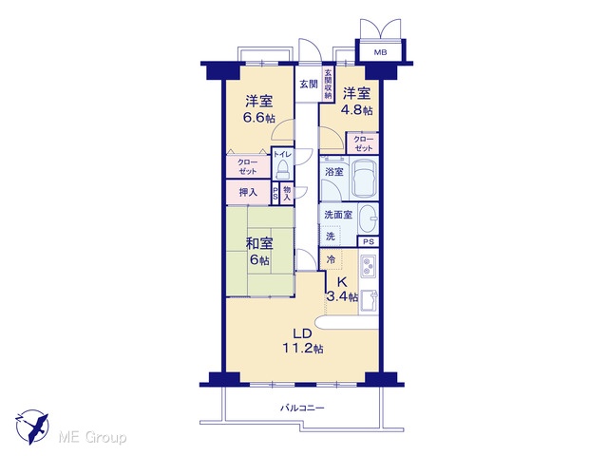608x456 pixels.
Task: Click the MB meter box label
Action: coord(380,52)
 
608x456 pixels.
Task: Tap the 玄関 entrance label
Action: coord(309,84)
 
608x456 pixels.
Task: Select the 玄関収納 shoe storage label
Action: coord(328,84)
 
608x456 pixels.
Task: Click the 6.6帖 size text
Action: coord(258,117)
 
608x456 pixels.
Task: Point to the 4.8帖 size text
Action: coord(356,109)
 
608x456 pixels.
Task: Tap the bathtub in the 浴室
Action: coord(364,179)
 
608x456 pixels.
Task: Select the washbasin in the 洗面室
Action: coord(368,218)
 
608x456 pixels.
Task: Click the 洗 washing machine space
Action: coord(330,236)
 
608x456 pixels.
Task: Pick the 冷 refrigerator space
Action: coord(331,259)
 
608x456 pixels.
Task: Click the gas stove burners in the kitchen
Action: coord(368,266)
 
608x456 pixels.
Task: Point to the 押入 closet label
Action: coord(248,192)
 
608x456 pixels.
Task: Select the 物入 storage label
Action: coord(287,193)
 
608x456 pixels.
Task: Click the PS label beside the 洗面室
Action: coord(369,242)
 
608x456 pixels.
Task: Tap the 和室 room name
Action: coord(259,243)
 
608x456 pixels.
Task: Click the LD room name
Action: coord(302,333)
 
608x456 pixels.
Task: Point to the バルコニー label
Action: coord(302,408)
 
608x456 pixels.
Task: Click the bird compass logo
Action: coord(32,427)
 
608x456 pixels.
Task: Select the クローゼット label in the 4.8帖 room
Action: coord(364,143)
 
